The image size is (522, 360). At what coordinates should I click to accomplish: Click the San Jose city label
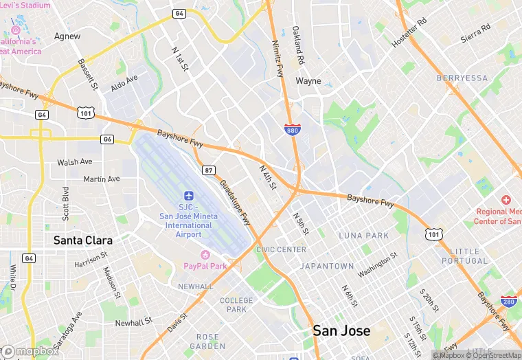[x=341, y=330]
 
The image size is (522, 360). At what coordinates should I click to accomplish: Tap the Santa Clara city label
[x=83, y=240]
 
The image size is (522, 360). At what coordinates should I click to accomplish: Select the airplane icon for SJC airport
[x=189, y=196]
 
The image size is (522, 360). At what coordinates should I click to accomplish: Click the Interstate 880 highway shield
[x=292, y=128]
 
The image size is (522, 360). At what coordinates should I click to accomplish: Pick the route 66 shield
[x=106, y=139]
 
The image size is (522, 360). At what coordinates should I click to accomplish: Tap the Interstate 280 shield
[x=509, y=301]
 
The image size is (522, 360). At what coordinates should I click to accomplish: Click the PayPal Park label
[x=205, y=266]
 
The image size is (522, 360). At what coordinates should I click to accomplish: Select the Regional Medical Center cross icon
[x=506, y=199]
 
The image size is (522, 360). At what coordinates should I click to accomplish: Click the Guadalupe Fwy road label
[x=235, y=203]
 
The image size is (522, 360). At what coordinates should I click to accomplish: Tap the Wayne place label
[x=308, y=80]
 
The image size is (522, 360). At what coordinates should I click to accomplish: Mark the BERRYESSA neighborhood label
[x=462, y=78]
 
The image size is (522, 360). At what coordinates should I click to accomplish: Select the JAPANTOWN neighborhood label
[x=327, y=266]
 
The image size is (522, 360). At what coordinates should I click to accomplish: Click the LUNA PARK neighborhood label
[x=364, y=236]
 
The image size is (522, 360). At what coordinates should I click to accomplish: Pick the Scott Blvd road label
[x=66, y=203]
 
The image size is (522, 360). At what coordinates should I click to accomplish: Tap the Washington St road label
[x=378, y=265]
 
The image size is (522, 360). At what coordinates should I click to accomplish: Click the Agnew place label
[x=67, y=36]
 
